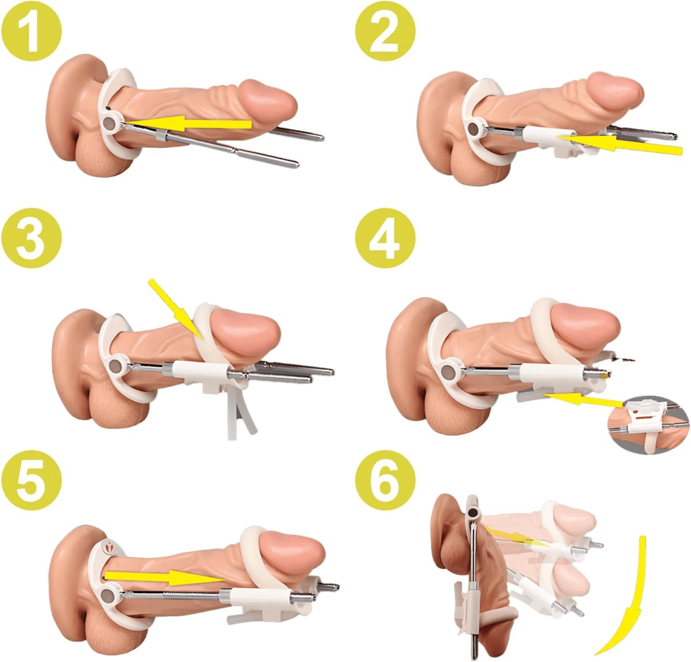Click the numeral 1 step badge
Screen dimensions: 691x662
(x=31, y=31)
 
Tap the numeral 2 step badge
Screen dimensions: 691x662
(x=385, y=31)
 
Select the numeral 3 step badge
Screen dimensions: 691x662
(x=31, y=238)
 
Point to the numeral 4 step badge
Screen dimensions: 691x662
(x=385, y=238)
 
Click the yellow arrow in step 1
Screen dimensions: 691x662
(x=188, y=123)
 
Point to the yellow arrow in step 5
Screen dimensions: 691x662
(x=165, y=577)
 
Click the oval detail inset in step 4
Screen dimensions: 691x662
(x=647, y=425)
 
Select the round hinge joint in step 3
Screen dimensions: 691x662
(x=115, y=365)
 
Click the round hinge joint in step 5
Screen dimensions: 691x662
(x=107, y=597)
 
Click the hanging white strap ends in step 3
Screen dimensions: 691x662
(x=241, y=413)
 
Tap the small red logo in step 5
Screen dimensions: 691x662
(x=109, y=547)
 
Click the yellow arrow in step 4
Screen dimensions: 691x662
(x=584, y=399)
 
